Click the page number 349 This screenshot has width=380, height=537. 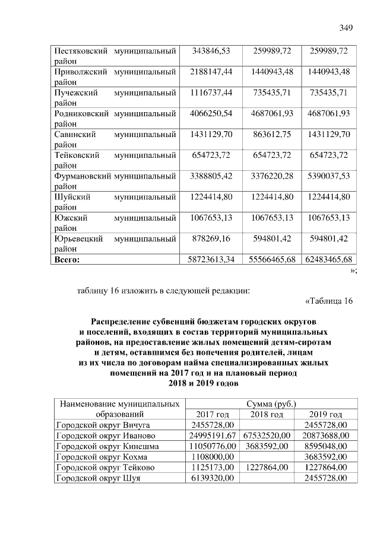pos(346,27)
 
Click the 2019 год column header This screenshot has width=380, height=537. pos(327,414)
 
